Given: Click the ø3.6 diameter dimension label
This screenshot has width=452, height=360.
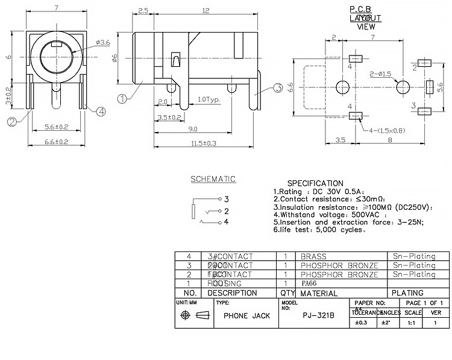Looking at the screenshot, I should [103, 43].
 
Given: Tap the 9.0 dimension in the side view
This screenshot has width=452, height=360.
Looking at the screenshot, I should [193, 129].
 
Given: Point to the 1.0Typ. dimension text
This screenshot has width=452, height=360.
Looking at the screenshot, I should [209, 99].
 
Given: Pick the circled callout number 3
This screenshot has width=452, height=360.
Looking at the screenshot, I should [278, 88].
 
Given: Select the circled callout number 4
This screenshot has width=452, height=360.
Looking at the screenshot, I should [101, 111].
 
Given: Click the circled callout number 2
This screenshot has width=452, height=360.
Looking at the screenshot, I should [11, 122].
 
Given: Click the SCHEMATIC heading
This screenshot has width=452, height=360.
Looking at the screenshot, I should [213, 179].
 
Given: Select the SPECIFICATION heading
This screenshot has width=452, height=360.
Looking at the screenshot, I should [315, 183].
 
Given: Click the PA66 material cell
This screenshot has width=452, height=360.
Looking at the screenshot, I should [309, 283].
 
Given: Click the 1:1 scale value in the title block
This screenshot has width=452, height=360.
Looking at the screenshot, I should [411, 323].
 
